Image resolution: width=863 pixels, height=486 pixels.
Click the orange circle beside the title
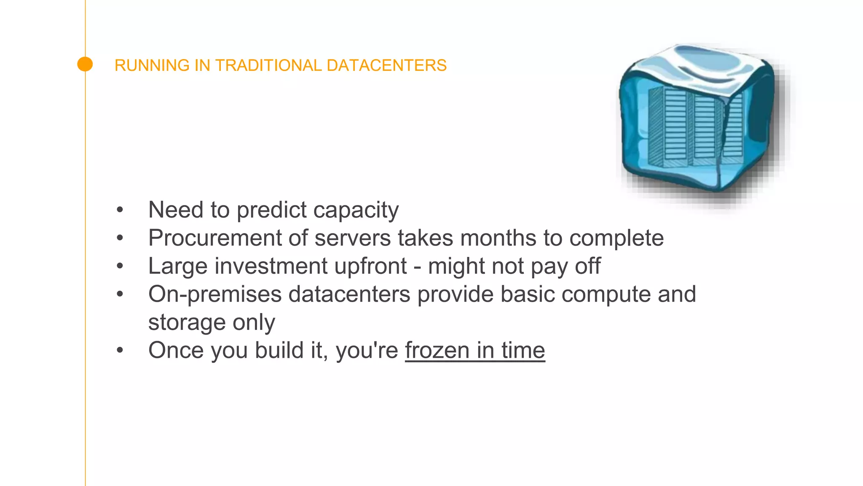pos(85,64)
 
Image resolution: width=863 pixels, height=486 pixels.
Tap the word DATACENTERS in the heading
pos(386,65)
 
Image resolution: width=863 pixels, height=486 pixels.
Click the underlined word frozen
pos(437,351)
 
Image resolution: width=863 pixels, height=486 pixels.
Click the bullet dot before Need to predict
pos(120,210)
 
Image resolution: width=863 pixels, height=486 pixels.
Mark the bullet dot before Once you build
pos(120,350)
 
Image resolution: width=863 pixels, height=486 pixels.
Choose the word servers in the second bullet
pos(353,238)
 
